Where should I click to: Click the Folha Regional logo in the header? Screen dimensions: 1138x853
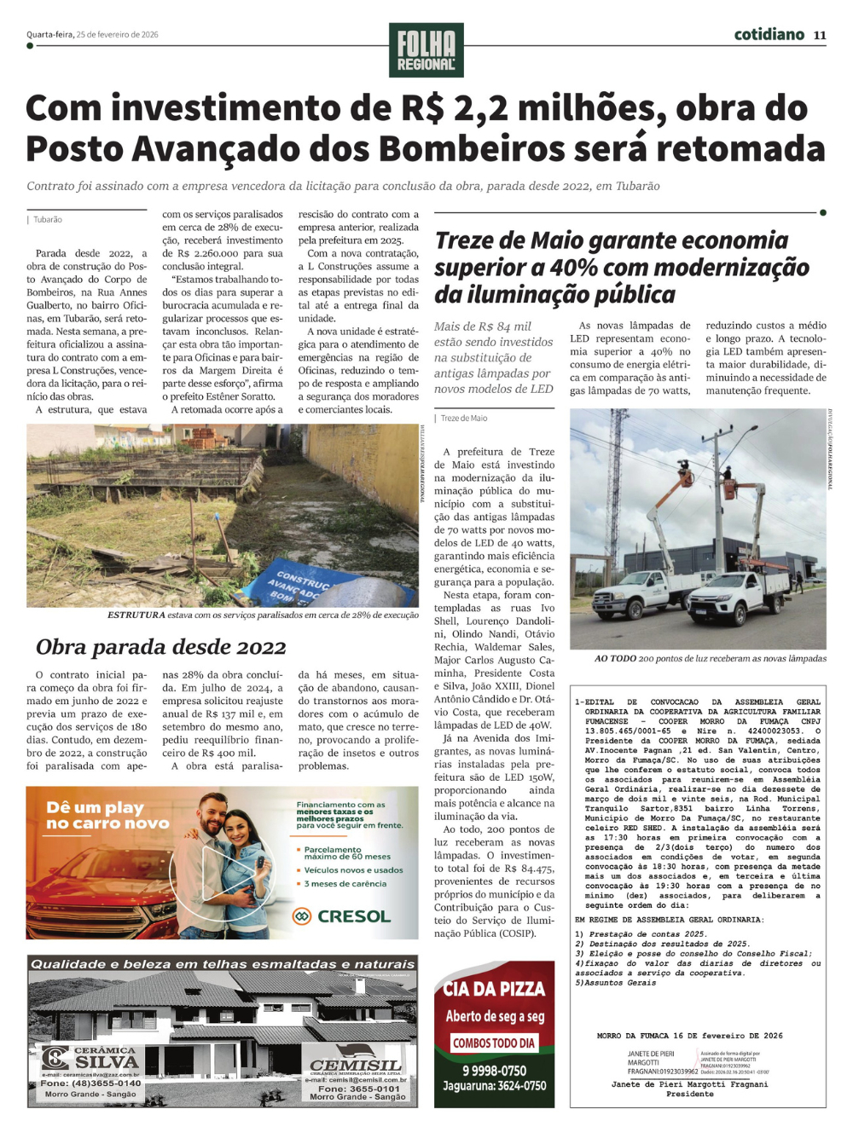426,49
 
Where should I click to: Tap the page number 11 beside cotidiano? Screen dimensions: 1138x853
820,35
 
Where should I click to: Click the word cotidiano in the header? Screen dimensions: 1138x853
769,34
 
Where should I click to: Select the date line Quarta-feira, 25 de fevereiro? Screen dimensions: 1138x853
92,35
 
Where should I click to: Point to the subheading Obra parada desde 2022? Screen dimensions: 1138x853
160,647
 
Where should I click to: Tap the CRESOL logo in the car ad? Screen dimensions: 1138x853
342,916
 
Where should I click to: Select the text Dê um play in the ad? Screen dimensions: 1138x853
96,807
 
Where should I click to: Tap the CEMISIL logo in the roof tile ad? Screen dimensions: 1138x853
356,1066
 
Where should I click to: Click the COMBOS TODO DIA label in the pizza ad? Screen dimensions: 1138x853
494,1043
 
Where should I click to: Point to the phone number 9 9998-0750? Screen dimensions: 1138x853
494,1071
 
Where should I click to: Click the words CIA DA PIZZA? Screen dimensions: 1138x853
494,989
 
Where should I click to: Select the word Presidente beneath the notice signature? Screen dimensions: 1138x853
690,1094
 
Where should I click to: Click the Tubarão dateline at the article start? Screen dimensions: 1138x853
48,220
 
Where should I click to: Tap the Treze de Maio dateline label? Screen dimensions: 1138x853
464,419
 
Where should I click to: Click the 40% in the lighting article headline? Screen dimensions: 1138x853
573,268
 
